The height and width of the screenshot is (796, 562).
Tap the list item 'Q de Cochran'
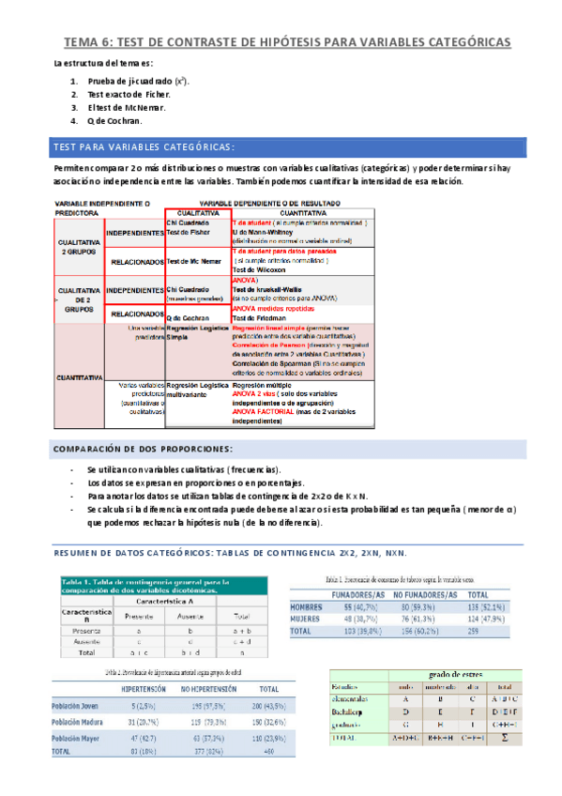(x=114, y=121)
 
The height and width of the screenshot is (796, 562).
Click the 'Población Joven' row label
(x=77, y=704)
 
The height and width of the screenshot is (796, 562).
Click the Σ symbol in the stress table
(x=505, y=739)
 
